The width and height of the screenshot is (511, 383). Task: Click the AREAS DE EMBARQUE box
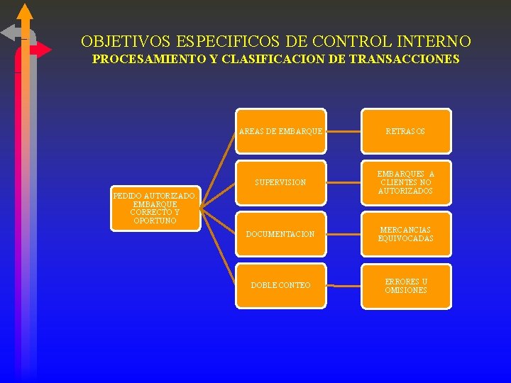pos(281,131)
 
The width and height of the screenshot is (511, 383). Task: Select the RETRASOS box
pos(406,131)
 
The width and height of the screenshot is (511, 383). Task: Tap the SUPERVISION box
pos(281,182)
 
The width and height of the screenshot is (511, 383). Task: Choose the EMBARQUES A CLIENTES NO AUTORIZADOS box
pos(406,182)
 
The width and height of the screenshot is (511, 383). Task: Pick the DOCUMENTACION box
pos(281,234)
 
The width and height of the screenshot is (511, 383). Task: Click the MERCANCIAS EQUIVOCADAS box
pos(406,234)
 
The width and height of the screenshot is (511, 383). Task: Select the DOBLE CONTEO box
pos(281,285)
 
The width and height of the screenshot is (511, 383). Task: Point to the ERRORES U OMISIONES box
pos(406,285)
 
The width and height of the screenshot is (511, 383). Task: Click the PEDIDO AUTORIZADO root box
pos(156,209)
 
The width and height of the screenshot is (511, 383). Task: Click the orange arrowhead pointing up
pos(25,11)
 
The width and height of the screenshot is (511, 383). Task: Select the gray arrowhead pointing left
pos(9,32)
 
